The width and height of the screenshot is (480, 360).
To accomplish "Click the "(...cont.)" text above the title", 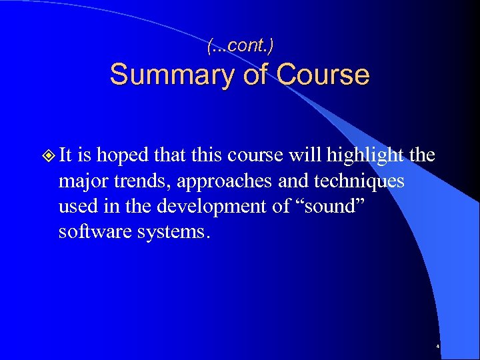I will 240,46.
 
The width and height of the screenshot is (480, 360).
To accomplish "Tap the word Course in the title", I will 321,75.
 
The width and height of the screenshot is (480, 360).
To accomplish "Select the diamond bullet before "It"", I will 47,157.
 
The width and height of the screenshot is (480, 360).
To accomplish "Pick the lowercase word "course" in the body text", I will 253,156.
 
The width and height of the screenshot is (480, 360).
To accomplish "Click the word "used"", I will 77,207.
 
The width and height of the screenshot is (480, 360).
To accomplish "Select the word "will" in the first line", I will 306,156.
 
